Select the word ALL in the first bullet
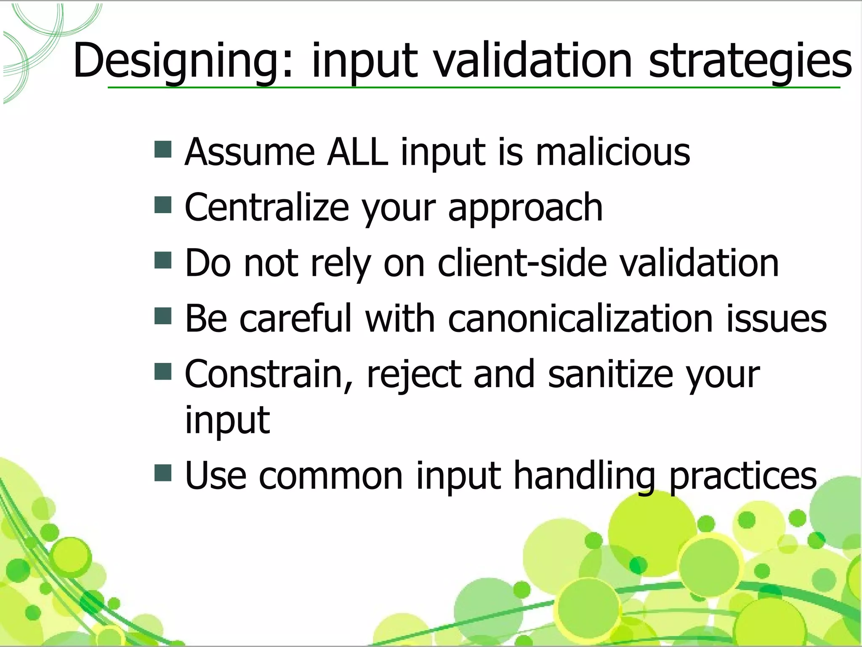coord(357,152)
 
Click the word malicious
coord(612,152)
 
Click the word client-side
coord(522,263)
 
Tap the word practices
coord(742,476)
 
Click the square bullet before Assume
coord(163,150)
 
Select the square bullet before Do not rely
coord(163,260)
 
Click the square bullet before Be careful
coord(163,316)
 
